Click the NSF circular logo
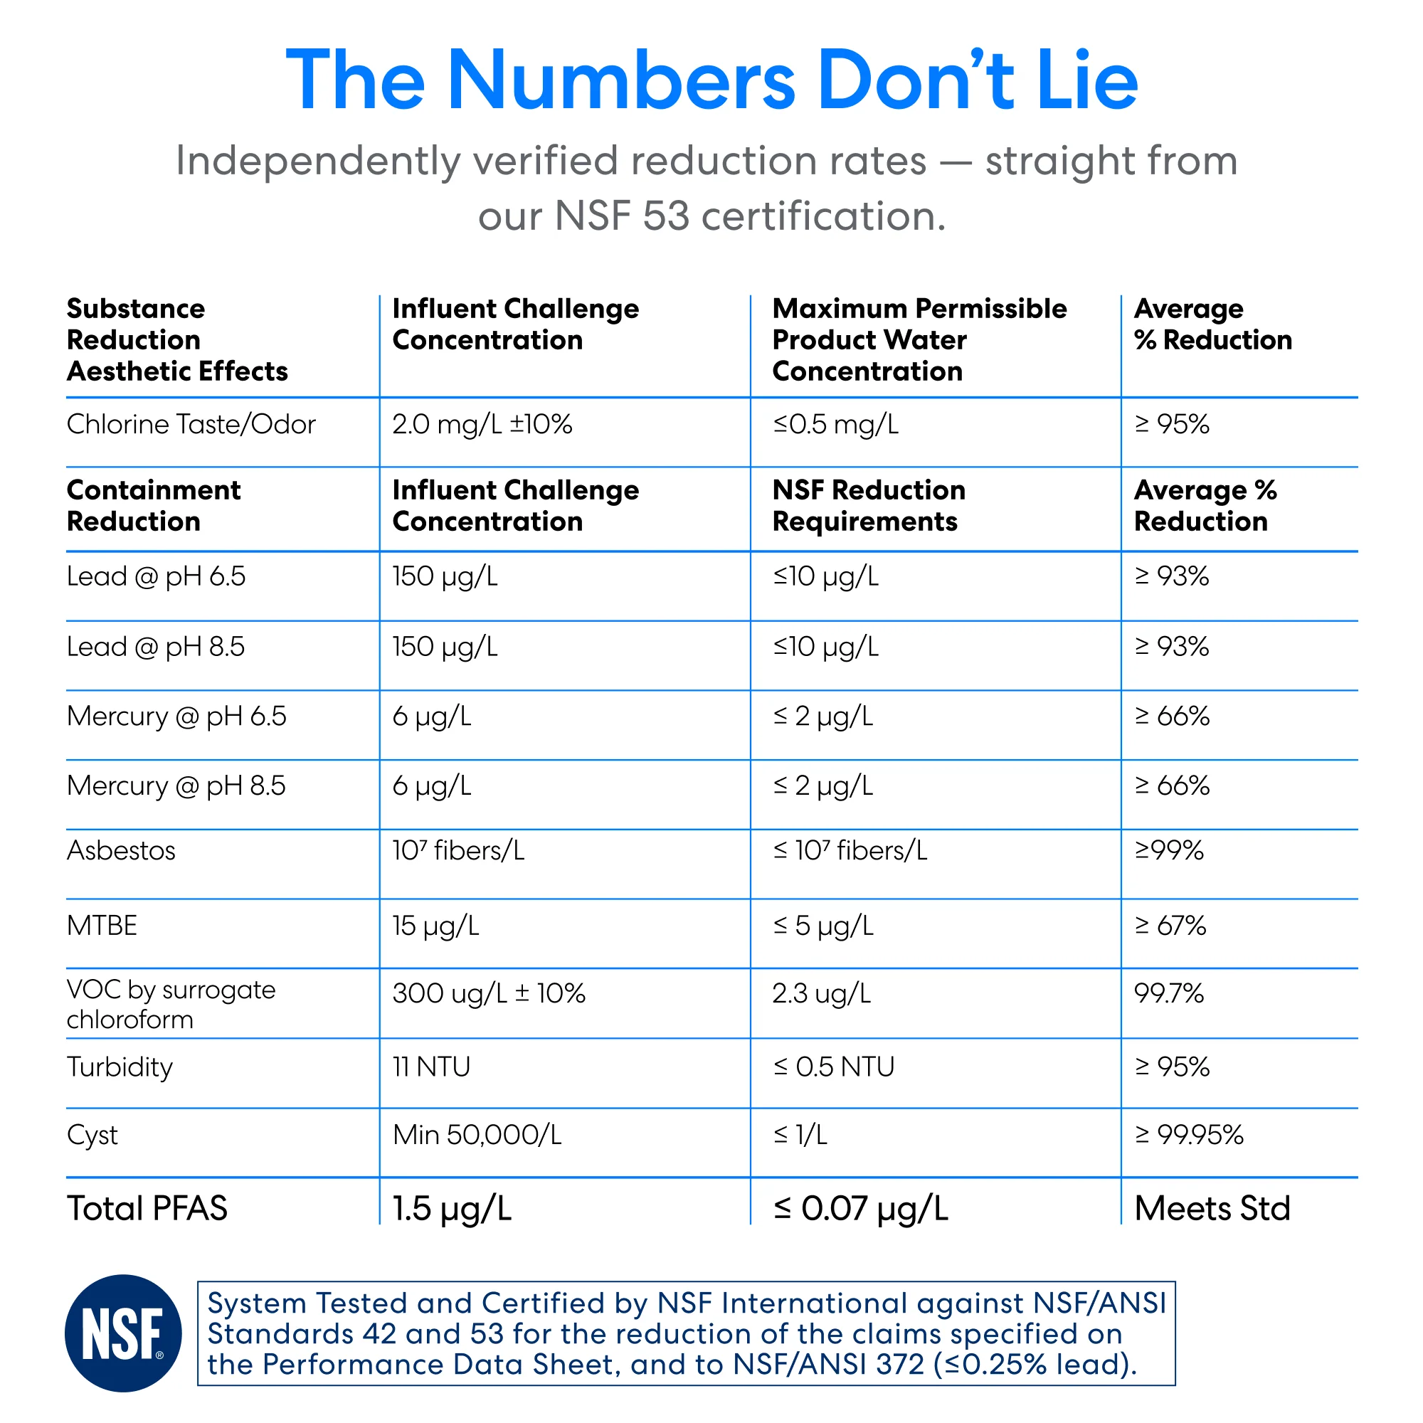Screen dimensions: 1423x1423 click(x=123, y=1333)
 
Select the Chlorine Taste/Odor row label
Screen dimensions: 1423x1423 click(x=191, y=424)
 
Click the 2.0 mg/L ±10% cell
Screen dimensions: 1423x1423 click(x=482, y=424)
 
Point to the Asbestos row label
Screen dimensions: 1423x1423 click(x=121, y=850)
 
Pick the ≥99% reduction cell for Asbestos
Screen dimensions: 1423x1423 click(x=1169, y=850)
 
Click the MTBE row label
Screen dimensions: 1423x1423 click(x=102, y=925)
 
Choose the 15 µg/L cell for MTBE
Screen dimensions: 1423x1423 click(x=435, y=926)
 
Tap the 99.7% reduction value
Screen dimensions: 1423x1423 click(x=1169, y=993)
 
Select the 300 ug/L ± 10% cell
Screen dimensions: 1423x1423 click(x=488, y=993)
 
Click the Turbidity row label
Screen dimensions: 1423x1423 click(x=120, y=1068)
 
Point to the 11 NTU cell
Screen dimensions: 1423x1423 click(x=431, y=1067)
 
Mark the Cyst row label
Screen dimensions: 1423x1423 click(x=92, y=1136)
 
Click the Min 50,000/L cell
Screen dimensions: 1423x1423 click(x=477, y=1134)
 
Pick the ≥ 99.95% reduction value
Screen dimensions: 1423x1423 click(x=1189, y=1134)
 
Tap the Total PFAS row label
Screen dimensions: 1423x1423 click(x=147, y=1208)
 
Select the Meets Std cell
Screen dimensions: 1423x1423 click(x=1212, y=1208)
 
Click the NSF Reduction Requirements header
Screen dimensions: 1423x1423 click(x=868, y=506)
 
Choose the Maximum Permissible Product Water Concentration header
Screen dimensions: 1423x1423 click(x=919, y=339)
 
